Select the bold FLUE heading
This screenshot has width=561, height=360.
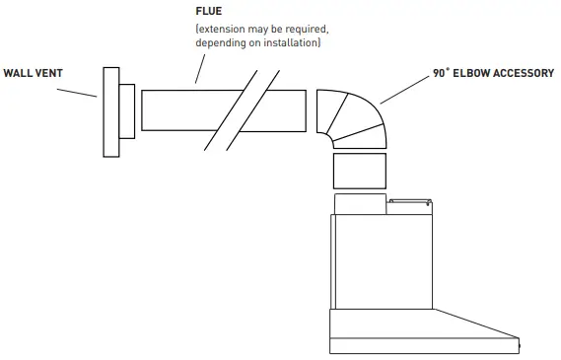point(209,11)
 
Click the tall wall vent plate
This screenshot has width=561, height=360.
point(109,111)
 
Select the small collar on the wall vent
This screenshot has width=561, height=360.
point(127,110)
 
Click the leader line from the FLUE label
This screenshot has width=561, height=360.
point(200,68)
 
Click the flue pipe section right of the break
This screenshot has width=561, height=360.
point(281,110)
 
